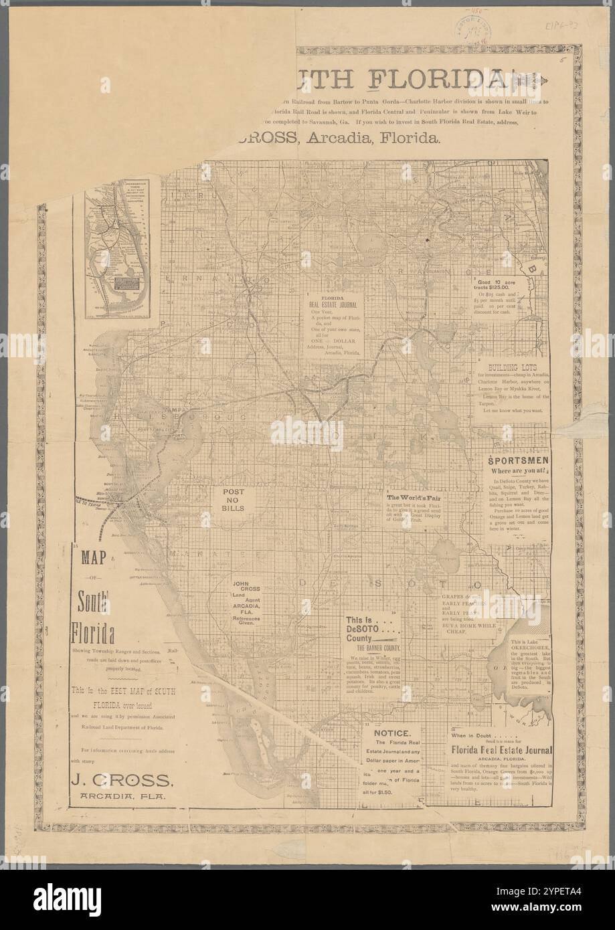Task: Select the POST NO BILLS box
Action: point(238,499)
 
